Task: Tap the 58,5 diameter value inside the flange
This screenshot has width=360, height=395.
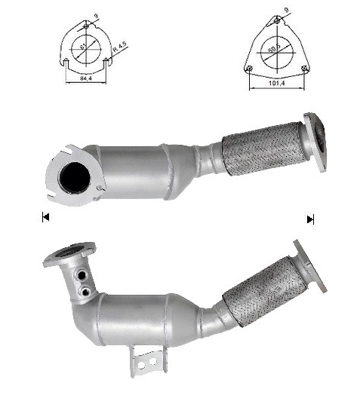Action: [x=276, y=47]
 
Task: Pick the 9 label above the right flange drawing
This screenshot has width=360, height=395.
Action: [x=285, y=10]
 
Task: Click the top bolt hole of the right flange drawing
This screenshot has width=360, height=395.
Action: [x=276, y=23]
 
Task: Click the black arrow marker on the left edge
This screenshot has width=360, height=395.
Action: [x=46, y=218]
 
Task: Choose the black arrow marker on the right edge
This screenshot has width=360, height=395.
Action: [x=310, y=219]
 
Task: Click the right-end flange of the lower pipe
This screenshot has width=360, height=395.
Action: [x=310, y=265]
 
